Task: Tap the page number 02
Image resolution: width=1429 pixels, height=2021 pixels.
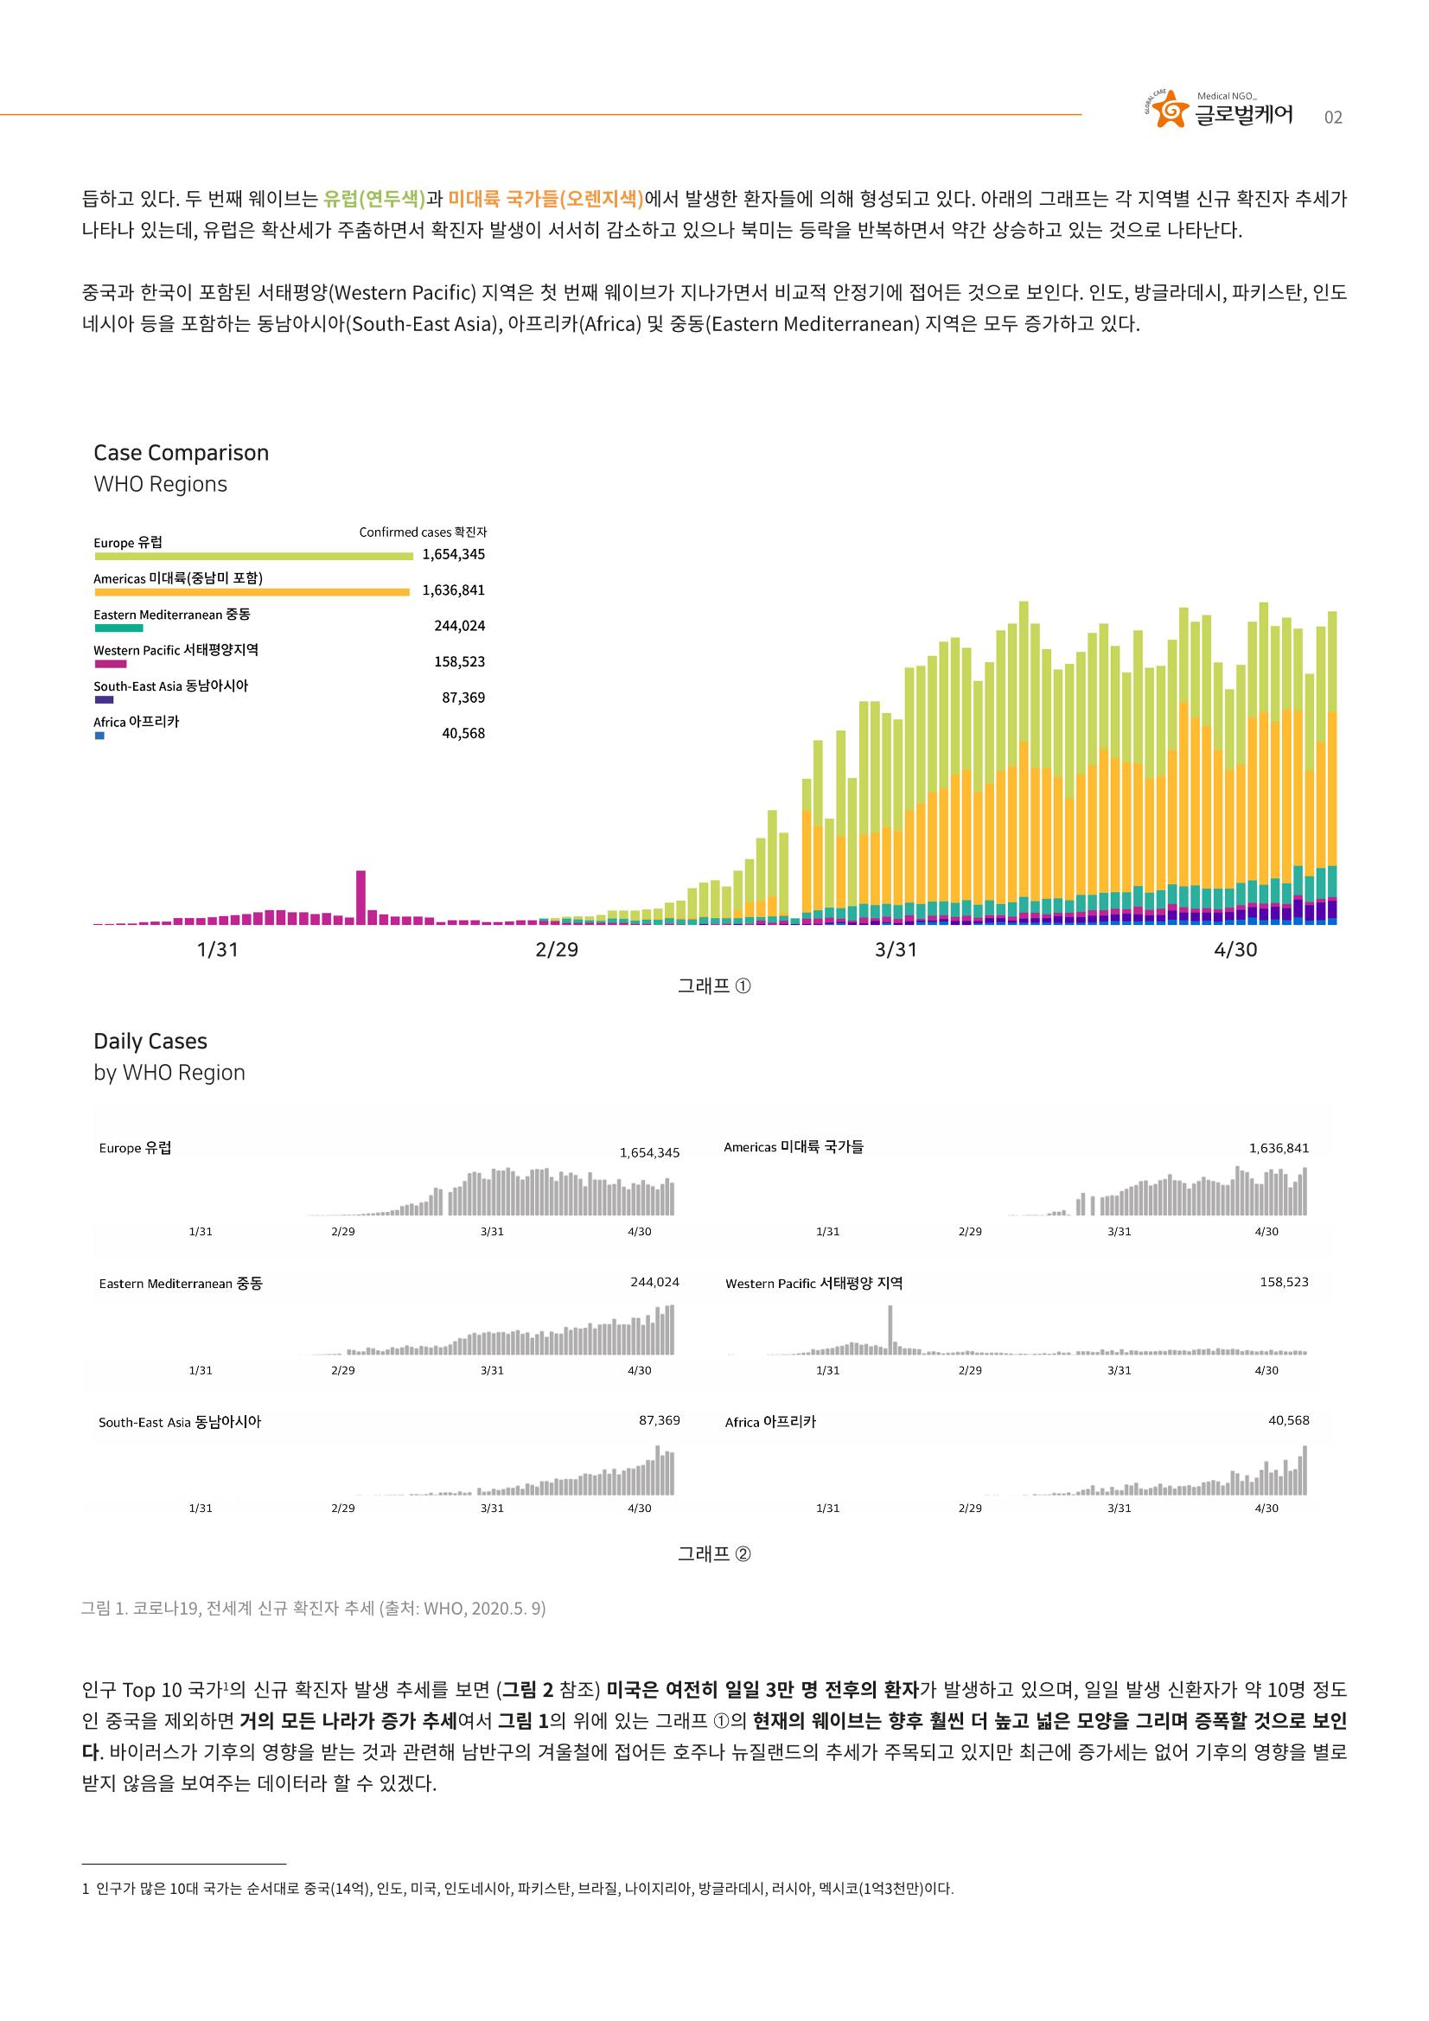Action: pos(1333,118)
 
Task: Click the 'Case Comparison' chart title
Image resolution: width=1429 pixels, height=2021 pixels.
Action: pos(182,452)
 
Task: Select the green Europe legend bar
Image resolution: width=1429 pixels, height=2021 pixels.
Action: pos(253,557)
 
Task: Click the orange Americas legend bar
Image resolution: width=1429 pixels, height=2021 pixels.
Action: pos(252,592)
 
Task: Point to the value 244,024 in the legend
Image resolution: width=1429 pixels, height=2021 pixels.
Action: pos(460,626)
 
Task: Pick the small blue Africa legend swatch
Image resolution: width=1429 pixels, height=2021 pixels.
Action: pos(99,736)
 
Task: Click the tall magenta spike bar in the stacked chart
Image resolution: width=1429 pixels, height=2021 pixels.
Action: pos(360,897)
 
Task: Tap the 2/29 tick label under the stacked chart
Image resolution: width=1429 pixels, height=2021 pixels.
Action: pos(557,950)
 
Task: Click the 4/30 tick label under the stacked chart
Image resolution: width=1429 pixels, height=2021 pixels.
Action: pos(1235,950)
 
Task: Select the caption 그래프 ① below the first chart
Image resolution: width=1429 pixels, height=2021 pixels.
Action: pos(714,987)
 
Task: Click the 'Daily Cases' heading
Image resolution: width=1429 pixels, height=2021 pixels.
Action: pos(150,1042)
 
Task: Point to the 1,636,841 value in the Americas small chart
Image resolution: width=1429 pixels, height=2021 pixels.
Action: pos(1279,1148)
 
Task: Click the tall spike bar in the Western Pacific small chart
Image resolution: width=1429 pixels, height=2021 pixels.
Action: pos(890,1330)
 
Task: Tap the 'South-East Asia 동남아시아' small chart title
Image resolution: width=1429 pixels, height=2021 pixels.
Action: pos(180,1422)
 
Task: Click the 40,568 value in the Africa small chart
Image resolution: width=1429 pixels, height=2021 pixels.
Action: pos(1288,1420)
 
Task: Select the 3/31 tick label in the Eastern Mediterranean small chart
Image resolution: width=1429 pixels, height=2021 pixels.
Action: pos(492,1370)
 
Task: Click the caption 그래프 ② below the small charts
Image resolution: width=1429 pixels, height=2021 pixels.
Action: pos(714,1554)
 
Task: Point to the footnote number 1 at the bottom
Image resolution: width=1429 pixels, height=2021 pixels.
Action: pos(85,1889)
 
